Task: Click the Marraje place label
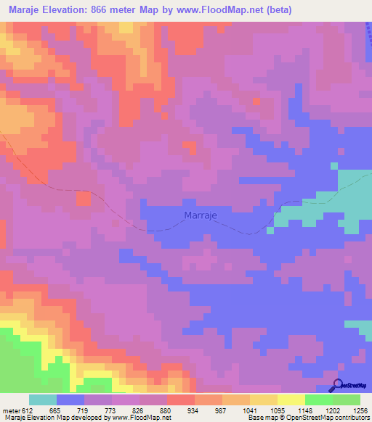point(200,215)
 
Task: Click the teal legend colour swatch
point(43,400)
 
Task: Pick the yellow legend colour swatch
point(291,400)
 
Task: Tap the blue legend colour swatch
point(70,400)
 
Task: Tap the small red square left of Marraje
point(84,197)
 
